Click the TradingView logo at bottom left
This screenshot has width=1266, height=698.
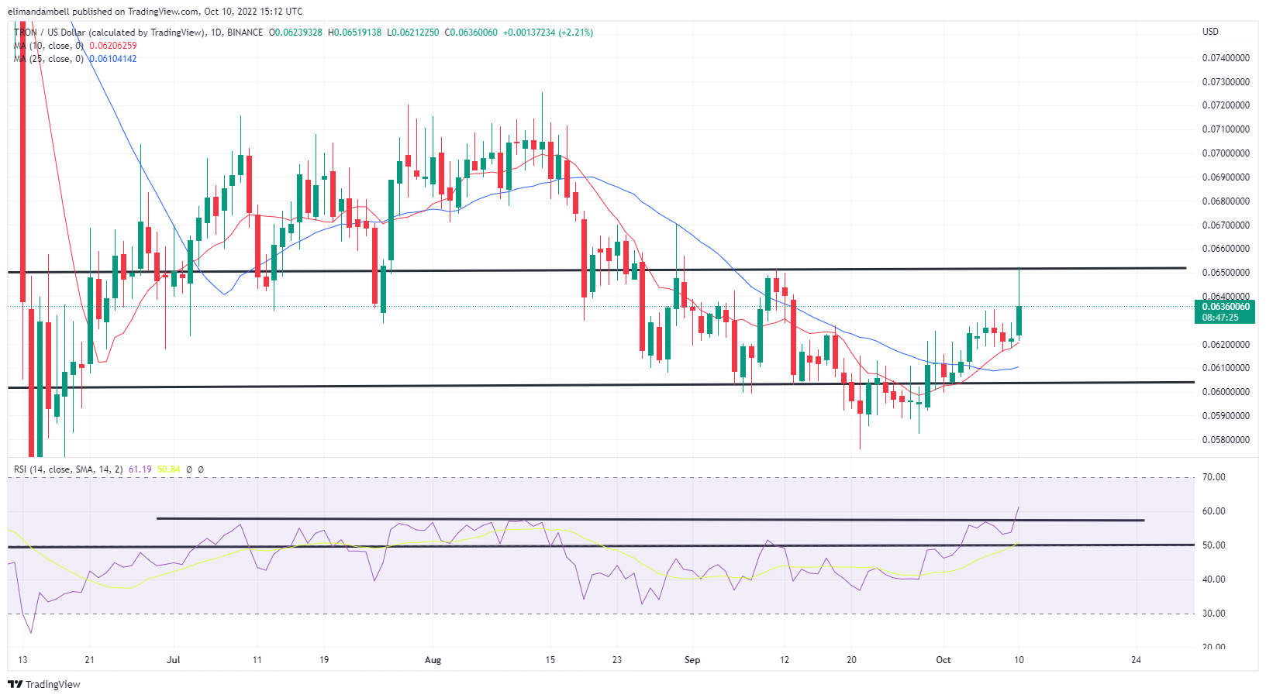pos(44,684)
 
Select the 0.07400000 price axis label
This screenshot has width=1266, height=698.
pos(1225,58)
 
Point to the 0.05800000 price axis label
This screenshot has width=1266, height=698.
pos(1225,440)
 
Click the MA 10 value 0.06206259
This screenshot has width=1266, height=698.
pos(112,46)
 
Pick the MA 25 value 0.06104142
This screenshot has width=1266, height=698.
pos(112,59)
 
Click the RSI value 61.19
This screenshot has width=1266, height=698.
pos(140,469)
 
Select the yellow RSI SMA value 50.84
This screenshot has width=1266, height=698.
pos(168,469)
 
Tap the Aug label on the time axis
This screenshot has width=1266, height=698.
pos(433,660)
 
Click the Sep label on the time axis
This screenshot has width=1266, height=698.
pos(692,660)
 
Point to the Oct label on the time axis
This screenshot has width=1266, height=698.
pos(943,660)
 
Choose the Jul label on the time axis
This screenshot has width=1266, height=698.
pos(174,660)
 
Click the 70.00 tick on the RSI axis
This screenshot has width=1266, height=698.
pos(1213,477)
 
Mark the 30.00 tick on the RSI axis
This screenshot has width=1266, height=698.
pos(1213,614)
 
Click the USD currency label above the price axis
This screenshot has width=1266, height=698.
pos(1210,32)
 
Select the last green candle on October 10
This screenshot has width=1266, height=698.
pos(1019,321)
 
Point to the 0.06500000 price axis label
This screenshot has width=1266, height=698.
pos(1225,273)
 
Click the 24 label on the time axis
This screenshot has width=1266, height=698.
pos(1136,660)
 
